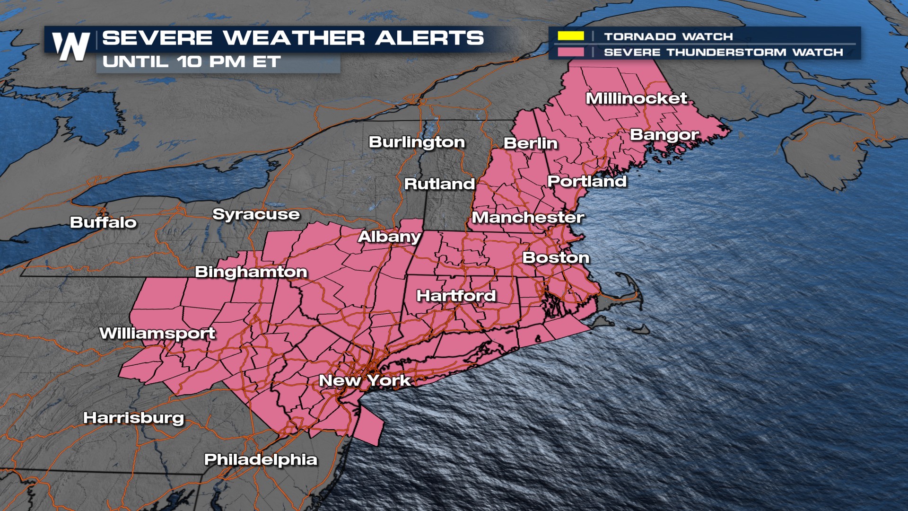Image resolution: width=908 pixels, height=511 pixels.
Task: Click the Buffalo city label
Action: pyautogui.click(x=103, y=222)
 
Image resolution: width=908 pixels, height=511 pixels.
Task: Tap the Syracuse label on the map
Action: pyautogui.click(x=256, y=214)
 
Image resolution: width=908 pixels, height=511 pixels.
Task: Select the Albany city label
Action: pyautogui.click(x=389, y=237)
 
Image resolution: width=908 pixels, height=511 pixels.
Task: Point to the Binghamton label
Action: pyautogui.click(x=251, y=272)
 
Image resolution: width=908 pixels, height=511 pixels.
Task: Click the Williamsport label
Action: pyautogui.click(x=157, y=334)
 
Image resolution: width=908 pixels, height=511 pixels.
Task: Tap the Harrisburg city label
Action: pyautogui.click(x=133, y=418)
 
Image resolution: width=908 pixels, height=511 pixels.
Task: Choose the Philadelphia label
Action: pyautogui.click(x=261, y=459)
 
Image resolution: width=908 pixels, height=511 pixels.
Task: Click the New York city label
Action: pyautogui.click(x=365, y=380)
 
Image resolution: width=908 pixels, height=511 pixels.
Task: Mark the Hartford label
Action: pyautogui.click(x=456, y=296)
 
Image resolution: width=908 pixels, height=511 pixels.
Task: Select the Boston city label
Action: pyautogui.click(x=556, y=258)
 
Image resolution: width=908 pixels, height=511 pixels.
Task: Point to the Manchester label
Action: pyautogui.click(x=528, y=218)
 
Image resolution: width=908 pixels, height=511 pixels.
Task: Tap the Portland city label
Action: pyautogui.click(x=587, y=181)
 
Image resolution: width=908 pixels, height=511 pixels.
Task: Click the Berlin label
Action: pyautogui.click(x=531, y=143)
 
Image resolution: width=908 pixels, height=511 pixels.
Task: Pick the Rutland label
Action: pyautogui.click(x=439, y=184)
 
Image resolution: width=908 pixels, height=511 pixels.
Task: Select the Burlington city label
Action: pyautogui.click(x=417, y=142)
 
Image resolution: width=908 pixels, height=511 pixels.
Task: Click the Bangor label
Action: pyautogui.click(x=664, y=135)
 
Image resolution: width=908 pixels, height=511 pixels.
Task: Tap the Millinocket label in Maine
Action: pyautogui.click(x=636, y=98)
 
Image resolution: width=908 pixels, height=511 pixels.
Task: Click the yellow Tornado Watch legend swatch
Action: pyautogui.click(x=570, y=36)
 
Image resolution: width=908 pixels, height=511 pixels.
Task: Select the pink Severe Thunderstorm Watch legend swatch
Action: pyautogui.click(x=570, y=52)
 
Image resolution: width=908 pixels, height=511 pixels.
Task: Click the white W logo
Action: pyautogui.click(x=71, y=46)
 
